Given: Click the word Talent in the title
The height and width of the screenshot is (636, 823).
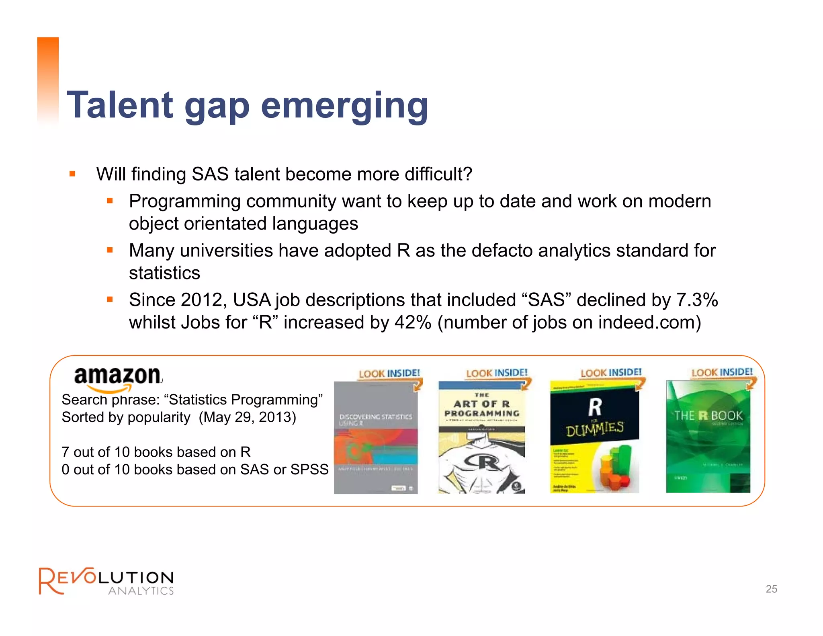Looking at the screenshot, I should point(120,105).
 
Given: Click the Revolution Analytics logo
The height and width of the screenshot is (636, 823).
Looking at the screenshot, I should point(106,581).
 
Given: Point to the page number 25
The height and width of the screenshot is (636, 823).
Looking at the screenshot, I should point(771,589).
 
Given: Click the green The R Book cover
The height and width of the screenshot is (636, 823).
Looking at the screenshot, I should point(708,437).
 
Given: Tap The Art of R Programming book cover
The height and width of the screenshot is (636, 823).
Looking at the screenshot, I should point(481,437).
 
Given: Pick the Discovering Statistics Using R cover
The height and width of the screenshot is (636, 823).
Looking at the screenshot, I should point(375,437).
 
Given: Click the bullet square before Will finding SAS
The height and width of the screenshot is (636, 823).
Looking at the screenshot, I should point(72,174).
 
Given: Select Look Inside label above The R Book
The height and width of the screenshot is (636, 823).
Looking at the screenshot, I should point(722,372).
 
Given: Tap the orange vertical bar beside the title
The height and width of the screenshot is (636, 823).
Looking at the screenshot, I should point(48,80).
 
